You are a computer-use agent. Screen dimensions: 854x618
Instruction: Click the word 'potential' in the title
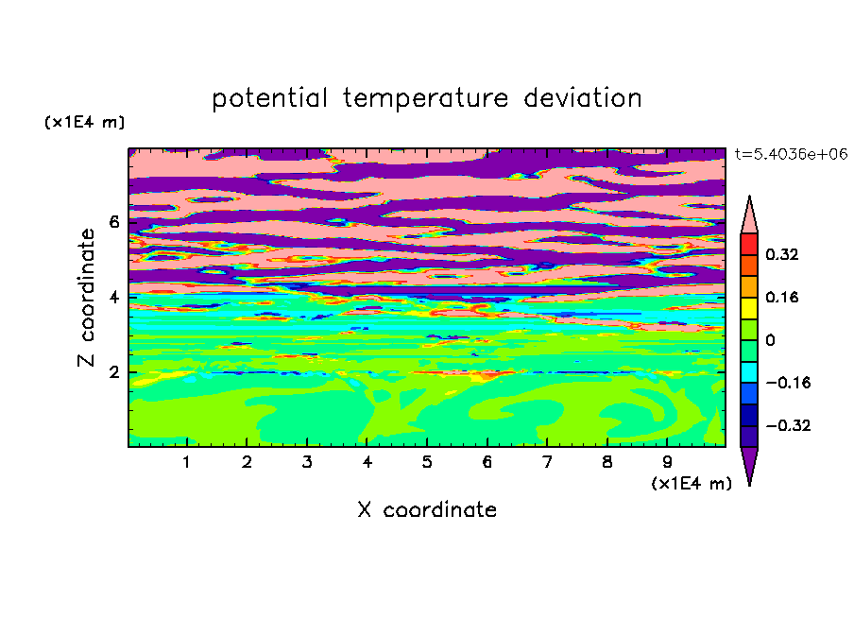pyautogui.click(x=269, y=98)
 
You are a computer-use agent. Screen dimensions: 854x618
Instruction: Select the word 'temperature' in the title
pyautogui.click(x=425, y=98)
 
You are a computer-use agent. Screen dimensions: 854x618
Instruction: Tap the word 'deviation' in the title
pyautogui.click(x=582, y=97)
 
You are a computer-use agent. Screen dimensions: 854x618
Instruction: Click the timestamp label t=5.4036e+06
pyautogui.click(x=791, y=154)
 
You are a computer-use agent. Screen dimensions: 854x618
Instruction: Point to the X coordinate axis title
pyautogui.click(x=427, y=509)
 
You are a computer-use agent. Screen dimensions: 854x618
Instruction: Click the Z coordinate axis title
pyautogui.click(x=86, y=297)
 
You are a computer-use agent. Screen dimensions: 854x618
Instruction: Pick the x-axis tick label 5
pyautogui.click(x=427, y=462)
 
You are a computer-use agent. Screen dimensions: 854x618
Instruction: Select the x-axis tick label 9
pyautogui.click(x=667, y=462)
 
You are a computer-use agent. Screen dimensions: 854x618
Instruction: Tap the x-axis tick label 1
pyautogui.click(x=187, y=462)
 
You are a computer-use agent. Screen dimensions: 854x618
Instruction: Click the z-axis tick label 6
pyautogui.click(x=113, y=222)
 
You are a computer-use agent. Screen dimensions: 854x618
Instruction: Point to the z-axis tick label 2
pyautogui.click(x=113, y=372)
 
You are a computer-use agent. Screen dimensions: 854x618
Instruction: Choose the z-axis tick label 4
pyautogui.click(x=113, y=298)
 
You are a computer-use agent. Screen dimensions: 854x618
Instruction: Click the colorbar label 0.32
pyautogui.click(x=781, y=254)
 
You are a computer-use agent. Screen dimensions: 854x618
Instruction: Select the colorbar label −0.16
pyautogui.click(x=788, y=383)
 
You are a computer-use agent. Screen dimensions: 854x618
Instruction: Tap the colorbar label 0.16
pyautogui.click(x=781, y=297)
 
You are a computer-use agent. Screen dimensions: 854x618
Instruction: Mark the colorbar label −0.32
pyautogui.click(x=788, y=425)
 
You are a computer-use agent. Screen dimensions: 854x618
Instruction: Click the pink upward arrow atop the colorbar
pyautogui.click(x=749, y=218)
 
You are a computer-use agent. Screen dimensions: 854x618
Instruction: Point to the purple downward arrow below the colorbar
pyautogui.click(x=749, y=462)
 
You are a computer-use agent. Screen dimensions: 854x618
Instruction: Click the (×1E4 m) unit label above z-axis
pyautogui.click(x=84, y=122)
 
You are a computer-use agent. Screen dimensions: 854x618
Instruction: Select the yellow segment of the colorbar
pyautogui.click(x=749, y=308)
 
